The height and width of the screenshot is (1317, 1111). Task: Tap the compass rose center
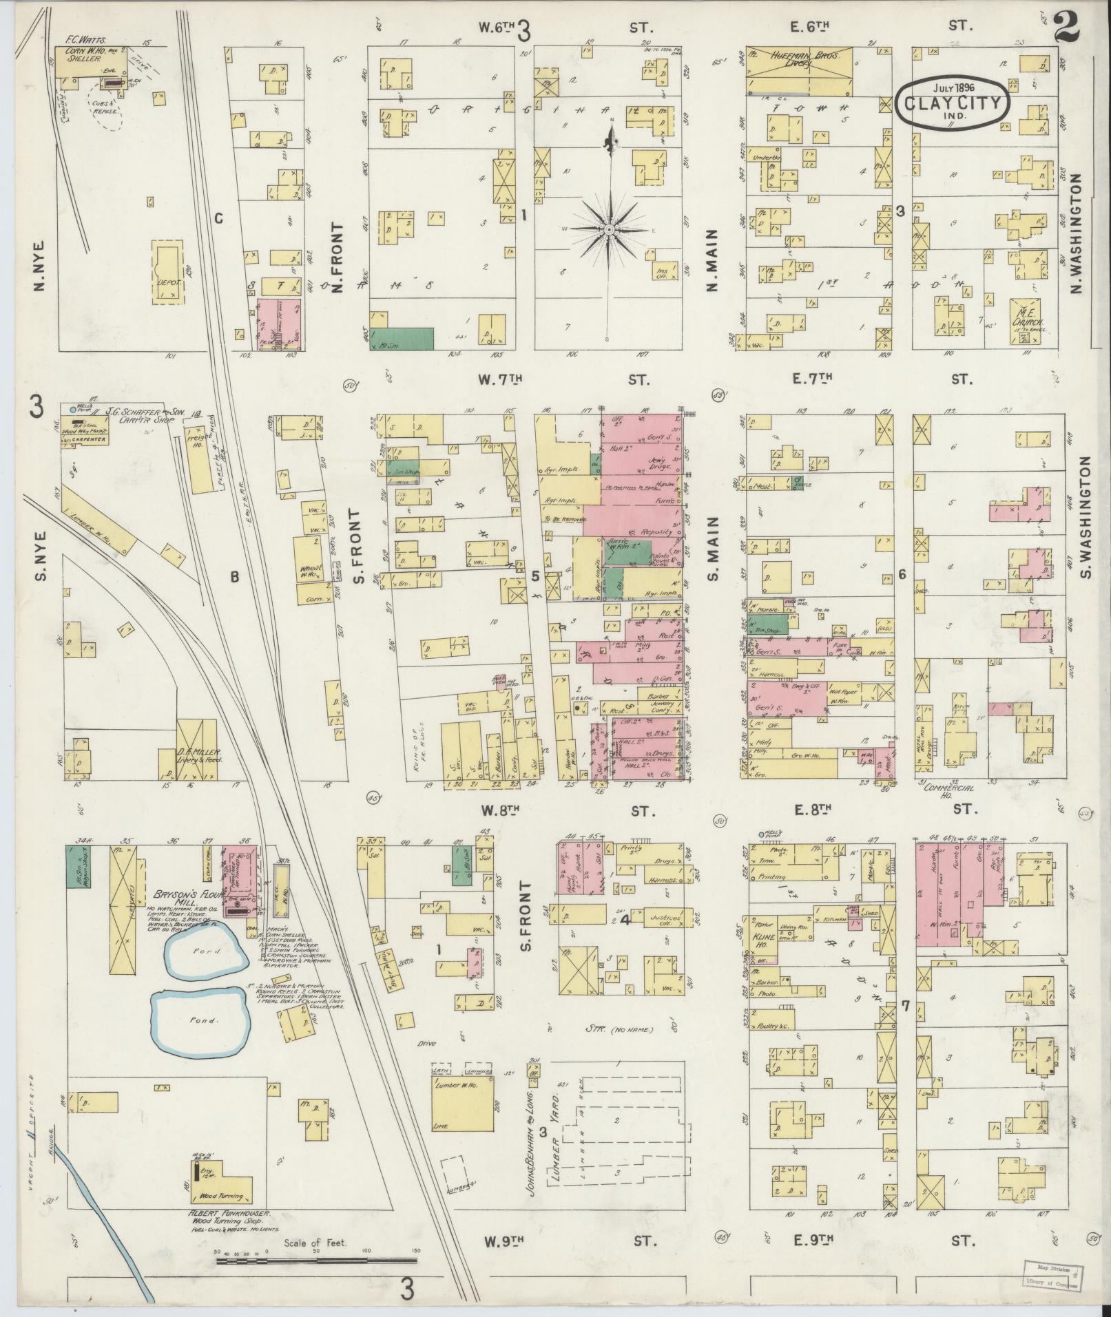pos(610,228)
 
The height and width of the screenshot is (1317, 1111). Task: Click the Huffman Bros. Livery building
pos(799,69)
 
